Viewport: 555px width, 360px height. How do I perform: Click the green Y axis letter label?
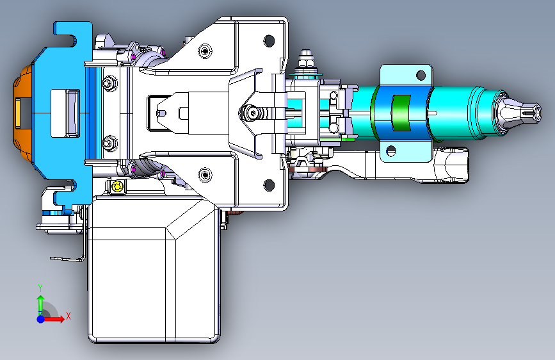40,288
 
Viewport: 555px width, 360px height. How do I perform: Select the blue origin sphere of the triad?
41,319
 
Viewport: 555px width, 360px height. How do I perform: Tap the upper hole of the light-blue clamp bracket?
421,75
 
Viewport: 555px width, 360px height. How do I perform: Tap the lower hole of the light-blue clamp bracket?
390,151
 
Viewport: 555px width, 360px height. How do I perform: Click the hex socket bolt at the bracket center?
252,113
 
